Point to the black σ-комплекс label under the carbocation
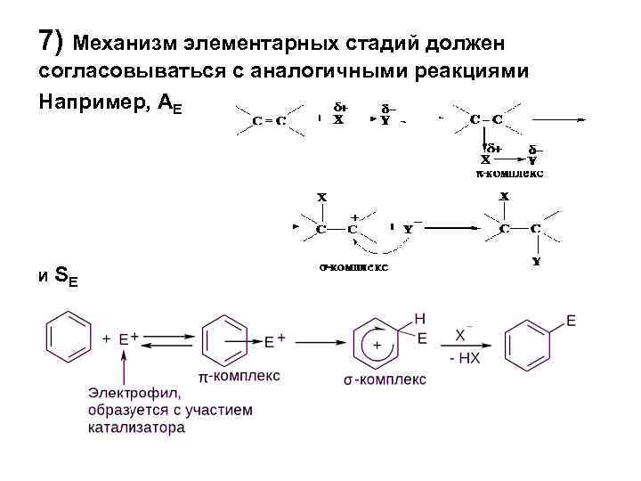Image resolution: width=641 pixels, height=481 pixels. point(353,265)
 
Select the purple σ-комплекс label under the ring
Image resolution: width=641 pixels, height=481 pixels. point(385,379)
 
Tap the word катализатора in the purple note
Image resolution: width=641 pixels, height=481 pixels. point(136,428)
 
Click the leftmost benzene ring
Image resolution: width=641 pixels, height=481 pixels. point(69,338)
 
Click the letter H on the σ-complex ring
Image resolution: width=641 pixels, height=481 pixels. point(419,318)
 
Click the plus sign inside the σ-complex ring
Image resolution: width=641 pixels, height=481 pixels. point(377,345)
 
